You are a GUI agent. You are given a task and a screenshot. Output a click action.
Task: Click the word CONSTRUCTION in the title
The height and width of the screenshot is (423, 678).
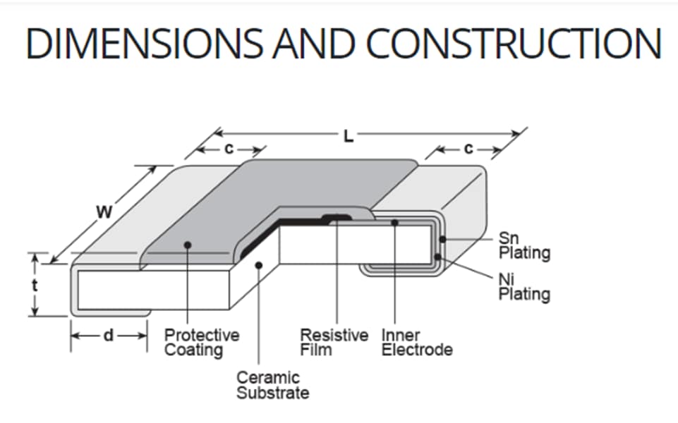coord(514,44)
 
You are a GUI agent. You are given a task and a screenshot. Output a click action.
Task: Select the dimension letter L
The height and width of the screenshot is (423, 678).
coord(348,136)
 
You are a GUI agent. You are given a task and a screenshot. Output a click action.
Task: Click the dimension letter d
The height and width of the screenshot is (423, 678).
coord(108,336)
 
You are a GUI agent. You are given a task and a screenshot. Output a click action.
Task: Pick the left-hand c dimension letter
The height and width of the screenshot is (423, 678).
coord(229,149)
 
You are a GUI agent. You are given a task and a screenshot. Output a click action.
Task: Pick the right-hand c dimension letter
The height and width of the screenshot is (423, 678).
coord(468,149)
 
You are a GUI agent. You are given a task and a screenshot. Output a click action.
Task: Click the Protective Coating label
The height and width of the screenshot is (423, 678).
coord(202,342)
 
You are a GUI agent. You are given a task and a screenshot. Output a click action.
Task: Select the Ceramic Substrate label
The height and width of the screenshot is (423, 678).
coord(272,386)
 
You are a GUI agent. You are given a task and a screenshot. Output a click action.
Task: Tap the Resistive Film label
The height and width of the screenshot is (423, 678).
coord(334,342)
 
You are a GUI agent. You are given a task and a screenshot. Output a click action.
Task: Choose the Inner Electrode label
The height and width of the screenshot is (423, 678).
coord(417,342)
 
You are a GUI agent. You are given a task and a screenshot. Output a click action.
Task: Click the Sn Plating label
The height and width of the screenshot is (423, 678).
coord(524,246)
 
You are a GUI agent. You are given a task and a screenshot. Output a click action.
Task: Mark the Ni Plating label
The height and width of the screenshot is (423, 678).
coord(524,287)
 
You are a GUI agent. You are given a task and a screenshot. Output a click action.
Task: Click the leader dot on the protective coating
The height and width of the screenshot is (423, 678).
coord(188,245)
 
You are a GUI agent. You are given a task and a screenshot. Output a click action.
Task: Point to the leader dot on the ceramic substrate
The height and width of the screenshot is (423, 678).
coord(259,265)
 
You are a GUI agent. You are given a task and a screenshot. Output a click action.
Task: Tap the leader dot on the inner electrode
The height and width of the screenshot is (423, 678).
coord(395,223)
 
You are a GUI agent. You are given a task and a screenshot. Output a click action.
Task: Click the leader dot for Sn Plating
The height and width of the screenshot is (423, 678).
coord(442,240)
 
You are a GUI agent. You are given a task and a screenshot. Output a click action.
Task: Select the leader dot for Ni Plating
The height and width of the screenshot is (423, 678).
coord(437,257)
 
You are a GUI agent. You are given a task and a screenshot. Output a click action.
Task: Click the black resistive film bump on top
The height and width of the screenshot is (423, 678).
coord(337,217)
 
